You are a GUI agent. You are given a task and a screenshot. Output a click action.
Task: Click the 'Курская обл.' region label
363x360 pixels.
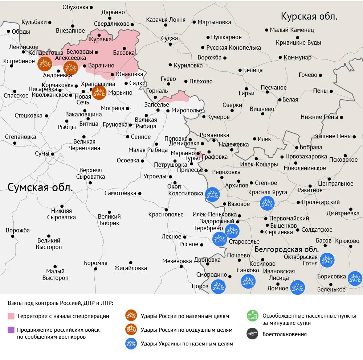coord(309,16)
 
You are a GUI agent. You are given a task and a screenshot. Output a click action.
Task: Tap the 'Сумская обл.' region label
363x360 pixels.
coord(40,187)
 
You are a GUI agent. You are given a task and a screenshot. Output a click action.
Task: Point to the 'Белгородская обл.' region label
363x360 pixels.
coord(286,249)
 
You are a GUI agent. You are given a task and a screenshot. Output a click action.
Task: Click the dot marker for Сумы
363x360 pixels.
coord(53,154)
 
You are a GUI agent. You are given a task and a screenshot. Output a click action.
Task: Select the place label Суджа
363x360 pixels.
coord(170,38)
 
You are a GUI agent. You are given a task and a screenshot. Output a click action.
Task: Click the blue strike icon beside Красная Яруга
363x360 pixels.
coord(267,203)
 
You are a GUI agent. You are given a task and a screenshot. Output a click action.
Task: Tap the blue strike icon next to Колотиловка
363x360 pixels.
coord(212,195)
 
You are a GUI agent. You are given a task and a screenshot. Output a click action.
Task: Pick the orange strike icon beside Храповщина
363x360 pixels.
coord(99,92)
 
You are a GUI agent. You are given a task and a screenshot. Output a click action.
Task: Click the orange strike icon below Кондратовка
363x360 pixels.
coord(45,64)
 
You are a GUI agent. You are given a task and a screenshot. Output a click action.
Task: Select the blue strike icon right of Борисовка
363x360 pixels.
coord(355,278)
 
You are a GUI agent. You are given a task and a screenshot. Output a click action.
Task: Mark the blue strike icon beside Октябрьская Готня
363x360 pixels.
coord(327,260)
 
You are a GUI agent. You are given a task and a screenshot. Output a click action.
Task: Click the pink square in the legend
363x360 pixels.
coord(11,316)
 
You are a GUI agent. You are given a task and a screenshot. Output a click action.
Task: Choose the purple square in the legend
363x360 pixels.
coord(11,330)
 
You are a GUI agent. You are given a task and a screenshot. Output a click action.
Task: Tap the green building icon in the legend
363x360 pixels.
coord(252,316)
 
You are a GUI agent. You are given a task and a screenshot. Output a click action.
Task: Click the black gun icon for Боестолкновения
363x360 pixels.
coord(252,334)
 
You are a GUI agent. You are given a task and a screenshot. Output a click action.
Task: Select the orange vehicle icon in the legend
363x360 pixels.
coord(131,330)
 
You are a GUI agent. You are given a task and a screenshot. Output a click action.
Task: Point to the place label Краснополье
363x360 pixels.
coord(166,215)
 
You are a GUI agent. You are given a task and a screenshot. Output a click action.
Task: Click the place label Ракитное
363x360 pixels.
coord(310,190)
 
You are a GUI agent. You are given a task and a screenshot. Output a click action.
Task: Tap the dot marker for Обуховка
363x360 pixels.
coord(91,7)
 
